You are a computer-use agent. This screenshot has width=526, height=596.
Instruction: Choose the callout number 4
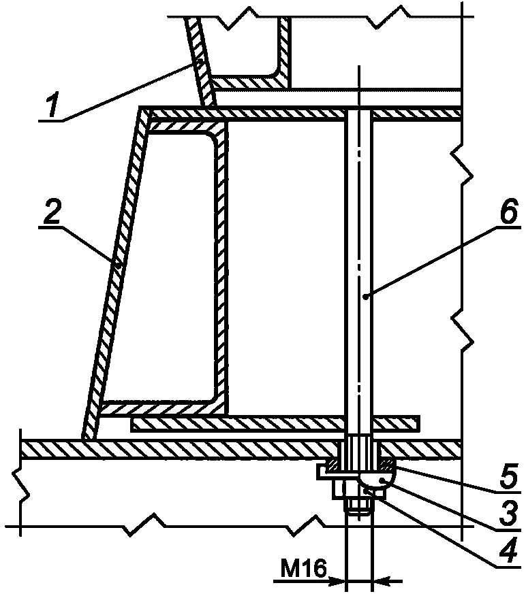click(x=508, y=549)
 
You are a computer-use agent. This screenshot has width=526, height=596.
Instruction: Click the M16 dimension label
click(x=304, y=569)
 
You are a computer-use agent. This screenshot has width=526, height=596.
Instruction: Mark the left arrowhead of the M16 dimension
click(x=337, y=580)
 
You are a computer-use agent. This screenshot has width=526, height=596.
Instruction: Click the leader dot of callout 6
click(x=366, y=297)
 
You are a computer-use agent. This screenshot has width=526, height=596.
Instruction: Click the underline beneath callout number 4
click(x=508, y=565)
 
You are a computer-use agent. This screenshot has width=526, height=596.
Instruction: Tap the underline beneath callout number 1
click(x=51, y=120)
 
